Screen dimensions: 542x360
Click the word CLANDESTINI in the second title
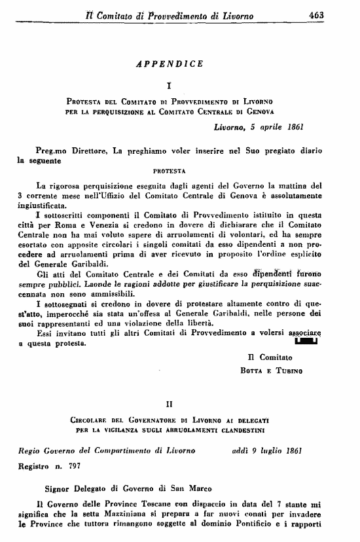(x=246, y=430)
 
